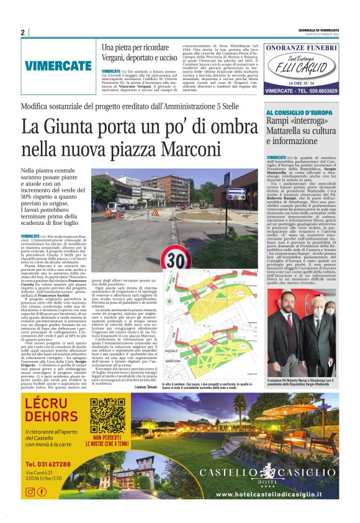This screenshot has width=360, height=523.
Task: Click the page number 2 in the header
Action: pyautogui.click(x=22, y=32)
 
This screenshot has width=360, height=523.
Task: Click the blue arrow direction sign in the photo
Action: pyautogui.click(x=236, y=194)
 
